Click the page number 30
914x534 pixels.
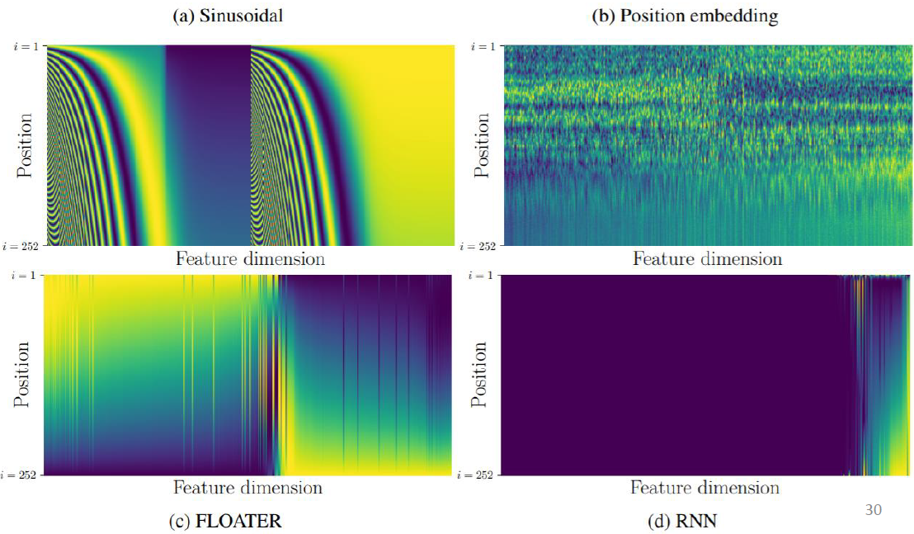point(873,509)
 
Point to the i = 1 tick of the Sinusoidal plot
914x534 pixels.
point(26,46)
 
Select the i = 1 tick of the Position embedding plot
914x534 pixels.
point(484,46)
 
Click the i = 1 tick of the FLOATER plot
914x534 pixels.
point(26,276)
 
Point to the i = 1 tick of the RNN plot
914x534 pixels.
point(484,276)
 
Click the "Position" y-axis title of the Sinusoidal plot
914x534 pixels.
point(26,145)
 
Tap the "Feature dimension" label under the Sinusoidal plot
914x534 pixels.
point(251,258)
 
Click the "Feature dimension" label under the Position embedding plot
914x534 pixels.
point(707,258)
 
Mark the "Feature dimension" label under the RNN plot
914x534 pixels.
point(705,487)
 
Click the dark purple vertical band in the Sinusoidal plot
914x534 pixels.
point(208,145)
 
